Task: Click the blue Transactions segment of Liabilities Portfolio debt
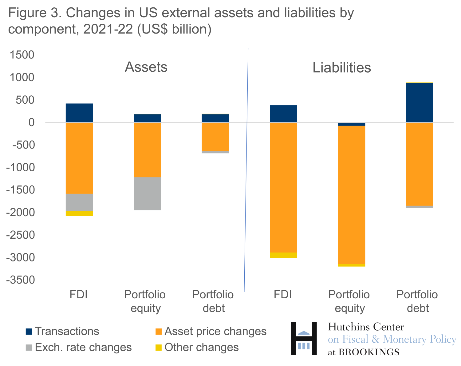[419, 103]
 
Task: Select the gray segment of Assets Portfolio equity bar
[147, 194]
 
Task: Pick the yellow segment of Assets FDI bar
[79, 213]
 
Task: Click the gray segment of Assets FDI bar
[79, 202]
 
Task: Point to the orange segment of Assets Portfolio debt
[215, 137]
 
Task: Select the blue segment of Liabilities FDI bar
[283, 114]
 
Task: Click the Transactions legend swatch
[29, 332]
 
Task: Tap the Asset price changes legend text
[215, 331]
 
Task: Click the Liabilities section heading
[342, 68]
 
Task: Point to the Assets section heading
[146, 67]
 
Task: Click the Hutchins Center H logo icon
[304, 339]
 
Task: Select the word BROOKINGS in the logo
[369, 352]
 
